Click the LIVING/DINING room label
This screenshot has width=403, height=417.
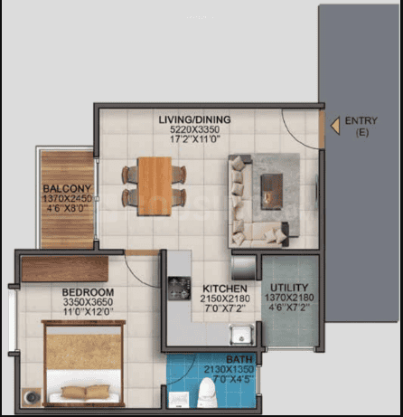click(x=194, y=119)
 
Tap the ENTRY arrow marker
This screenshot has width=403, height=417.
click(x=335, y=126)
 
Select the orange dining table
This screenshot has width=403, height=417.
click(x=155, y=186)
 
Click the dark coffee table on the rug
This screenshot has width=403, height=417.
click(x=272, y=192)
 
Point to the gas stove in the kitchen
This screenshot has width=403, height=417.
click(x=179, y=289)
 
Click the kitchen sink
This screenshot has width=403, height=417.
click(x=241, y=335)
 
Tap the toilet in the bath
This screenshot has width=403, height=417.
click(x=208, y=393)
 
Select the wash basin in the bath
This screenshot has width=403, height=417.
click(x=179, y=400)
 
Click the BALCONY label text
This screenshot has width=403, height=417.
click(x=67, y=189)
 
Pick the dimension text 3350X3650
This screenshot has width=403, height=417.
click(x=88, y=302)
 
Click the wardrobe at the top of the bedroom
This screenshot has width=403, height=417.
click(x=65, y=269)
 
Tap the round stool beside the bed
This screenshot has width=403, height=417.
click(x=32, y=397)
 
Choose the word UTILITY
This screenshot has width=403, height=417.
click(x=289, y=288)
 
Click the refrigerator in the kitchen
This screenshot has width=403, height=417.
click(x=243, y=268)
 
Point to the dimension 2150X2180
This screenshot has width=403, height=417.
click(x=225, y=299)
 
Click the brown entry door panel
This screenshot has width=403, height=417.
click(x=322, y=129)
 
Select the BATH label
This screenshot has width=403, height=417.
click(x=239, y=359)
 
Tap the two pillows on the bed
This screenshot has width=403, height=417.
click(x=85, y=392)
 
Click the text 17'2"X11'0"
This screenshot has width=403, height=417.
click(x=195, y=139)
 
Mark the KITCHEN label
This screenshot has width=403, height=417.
click(x=225, y=289)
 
